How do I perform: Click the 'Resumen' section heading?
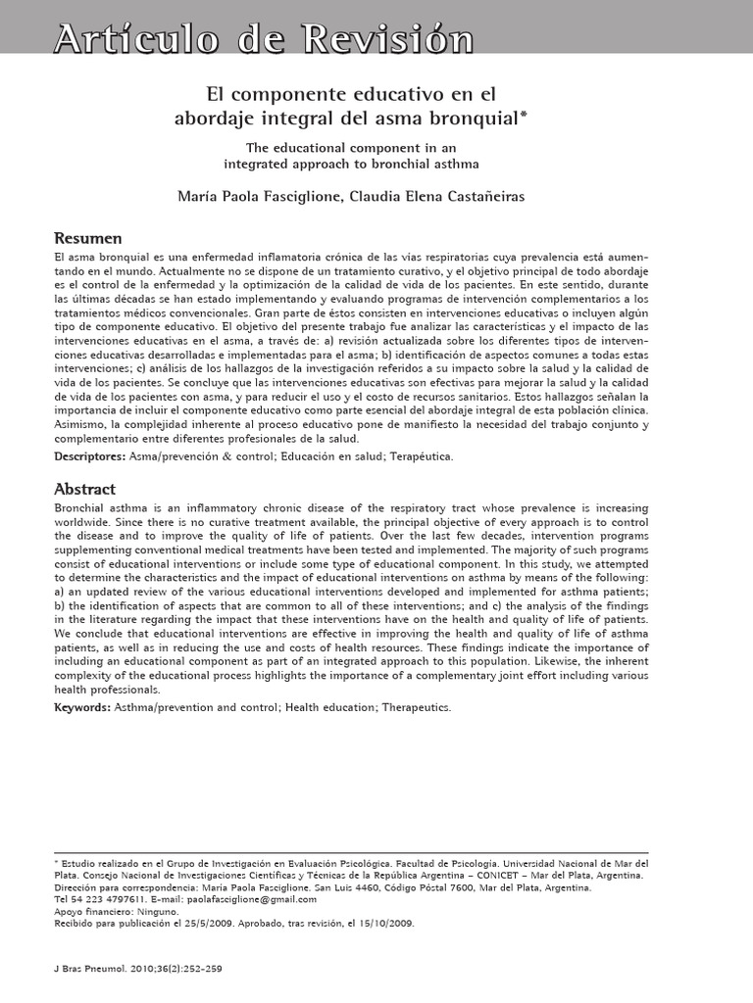pyautogui.click(x=87, y=239)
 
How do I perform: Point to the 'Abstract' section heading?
pyautogui.click(x=84, y=489)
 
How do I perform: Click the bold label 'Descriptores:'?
pyautogui.click(x=89, y=456)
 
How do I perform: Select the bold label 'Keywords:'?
pyautogui.click(x=82, y=706)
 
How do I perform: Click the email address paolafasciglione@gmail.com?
pyautogui.click(x=257, y=898)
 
